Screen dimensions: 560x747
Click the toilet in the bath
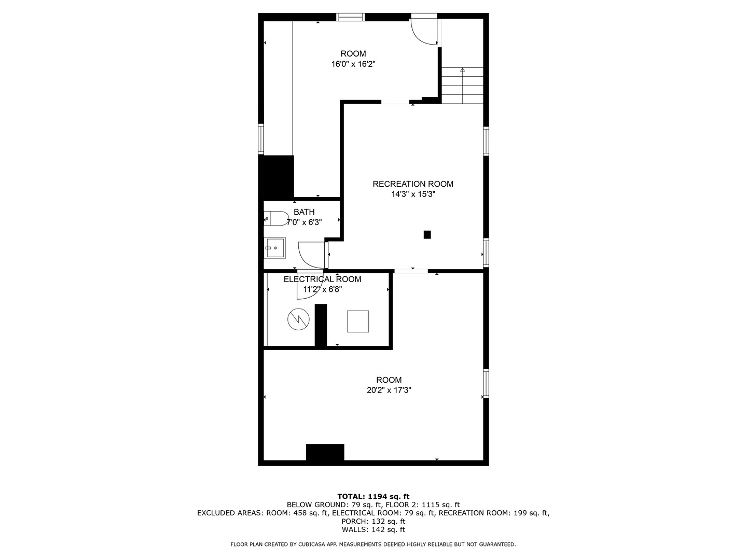click(275, 218)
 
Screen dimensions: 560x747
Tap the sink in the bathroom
click(274, 248)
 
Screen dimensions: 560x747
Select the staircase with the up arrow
click(462, 86)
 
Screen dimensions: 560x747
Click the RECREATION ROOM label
click(413, 184)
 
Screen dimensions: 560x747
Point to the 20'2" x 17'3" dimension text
click(389, 390)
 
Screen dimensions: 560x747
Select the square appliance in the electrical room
click(357, 321)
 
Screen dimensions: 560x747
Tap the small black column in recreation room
click(427, 234)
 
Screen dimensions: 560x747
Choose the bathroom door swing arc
click(311, 255)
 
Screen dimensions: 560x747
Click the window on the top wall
click(351, 17)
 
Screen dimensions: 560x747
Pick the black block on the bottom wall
click(325, 452)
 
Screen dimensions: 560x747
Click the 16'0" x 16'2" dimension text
click(353, 64)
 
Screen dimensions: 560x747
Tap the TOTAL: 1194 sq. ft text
click(374, 496)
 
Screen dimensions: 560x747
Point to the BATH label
click(304, 212)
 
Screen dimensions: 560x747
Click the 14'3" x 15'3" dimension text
click(413, 194)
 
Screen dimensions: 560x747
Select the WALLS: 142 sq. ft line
click(374, 529)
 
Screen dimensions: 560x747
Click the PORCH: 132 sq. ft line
click(374, 521)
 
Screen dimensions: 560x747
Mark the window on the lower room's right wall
click(486, 383)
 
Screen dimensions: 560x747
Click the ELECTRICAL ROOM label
click(322, 279)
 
